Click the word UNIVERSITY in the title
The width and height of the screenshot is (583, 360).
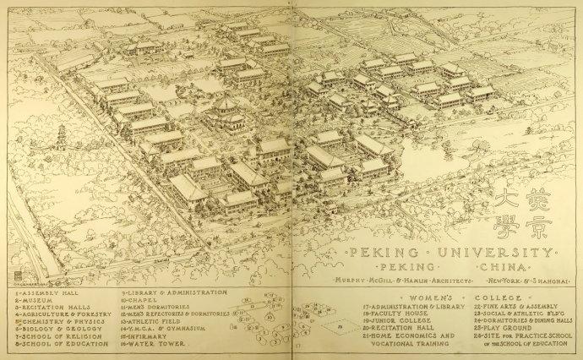coord(499,253)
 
